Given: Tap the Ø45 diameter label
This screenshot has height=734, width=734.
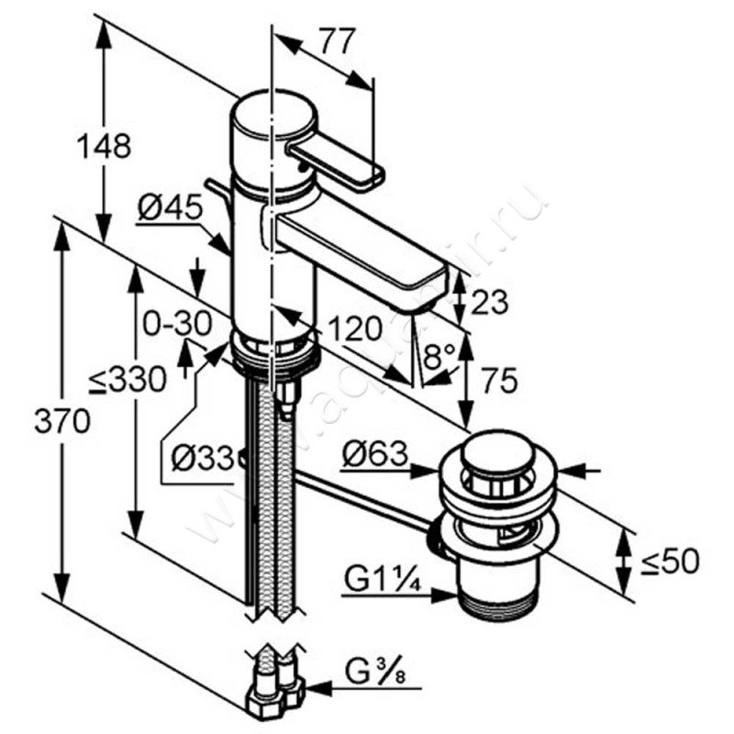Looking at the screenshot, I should tap(170, 209).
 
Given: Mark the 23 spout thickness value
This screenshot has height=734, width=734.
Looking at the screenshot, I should tap(487, 300).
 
